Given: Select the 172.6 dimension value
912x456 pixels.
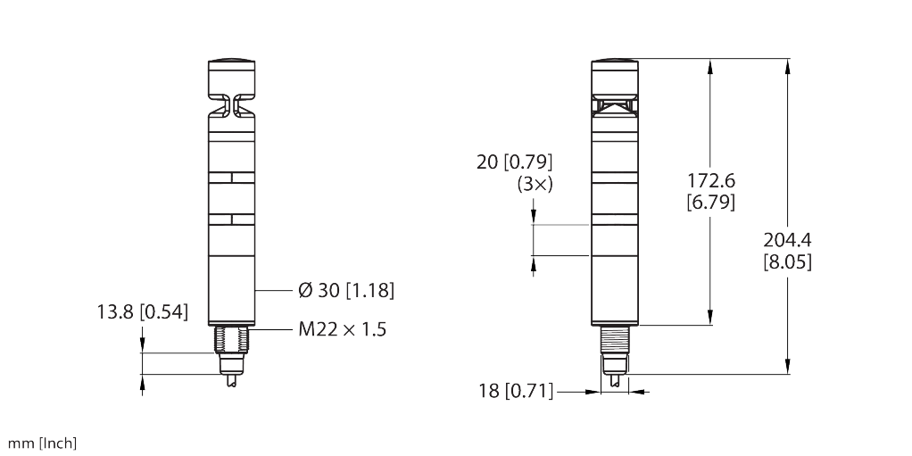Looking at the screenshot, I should pyautogui.click(x=710, y=181).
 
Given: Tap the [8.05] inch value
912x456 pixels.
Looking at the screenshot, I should pyautogui.click(x=787, y=263).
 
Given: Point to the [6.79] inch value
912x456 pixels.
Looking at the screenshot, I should pyautogui.click(x=710, y=203).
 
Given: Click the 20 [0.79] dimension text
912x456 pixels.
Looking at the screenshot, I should pyautogui.click(x=516, y=163).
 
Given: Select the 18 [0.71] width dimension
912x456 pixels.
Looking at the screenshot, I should pyautogui.click(x=516, y=390).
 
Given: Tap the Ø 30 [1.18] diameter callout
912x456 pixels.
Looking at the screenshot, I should pyautogui.click(x=344, y=291).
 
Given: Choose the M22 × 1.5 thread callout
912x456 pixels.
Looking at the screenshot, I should pyautogui.click(x=343, y=329).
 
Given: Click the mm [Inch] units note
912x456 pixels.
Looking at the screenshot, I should pyautogui.click(x=44, y=443).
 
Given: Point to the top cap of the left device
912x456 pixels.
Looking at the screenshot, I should pyautogui.click(x=232, y=77).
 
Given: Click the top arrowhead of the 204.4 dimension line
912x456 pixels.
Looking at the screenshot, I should pyautogui.click(x=787, y=64).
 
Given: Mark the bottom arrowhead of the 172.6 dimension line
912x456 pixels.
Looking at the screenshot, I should pyautogui.click(x=710, y=320).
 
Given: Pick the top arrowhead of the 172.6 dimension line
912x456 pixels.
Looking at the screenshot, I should pyautogui.click(x=710, y=64).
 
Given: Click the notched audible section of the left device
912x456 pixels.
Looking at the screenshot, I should pyautogui.click(x=232, y=107).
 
